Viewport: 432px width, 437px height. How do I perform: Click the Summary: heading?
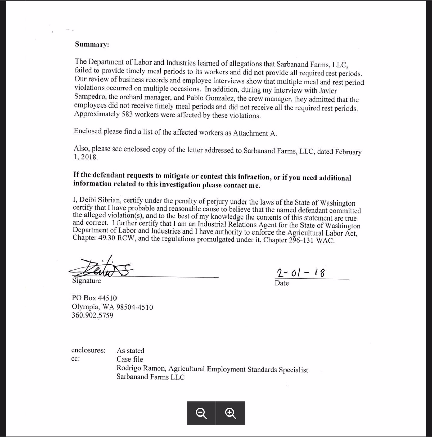click(x=92, y=45)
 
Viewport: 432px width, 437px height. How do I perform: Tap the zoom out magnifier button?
click(x=201, y=413)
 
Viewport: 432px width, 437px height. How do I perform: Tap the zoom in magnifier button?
click(x=231, y=413)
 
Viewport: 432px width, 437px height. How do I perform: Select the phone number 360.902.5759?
click(x=92, y=315)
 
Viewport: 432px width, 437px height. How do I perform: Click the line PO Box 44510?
click(x=94, y=298)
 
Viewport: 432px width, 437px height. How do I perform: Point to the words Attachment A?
click(x=255, y=133)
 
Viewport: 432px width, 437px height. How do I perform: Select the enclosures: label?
click(x=88, y=350)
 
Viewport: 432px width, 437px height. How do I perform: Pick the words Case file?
click(x=129, y=359)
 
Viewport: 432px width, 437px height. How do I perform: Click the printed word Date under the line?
click(x=281, y=283)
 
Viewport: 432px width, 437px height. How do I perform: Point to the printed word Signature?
click(x=87, y=281)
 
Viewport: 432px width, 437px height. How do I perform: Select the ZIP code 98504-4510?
click(x=135, y=307)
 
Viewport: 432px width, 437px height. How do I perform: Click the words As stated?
click(x=130, y=351)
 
